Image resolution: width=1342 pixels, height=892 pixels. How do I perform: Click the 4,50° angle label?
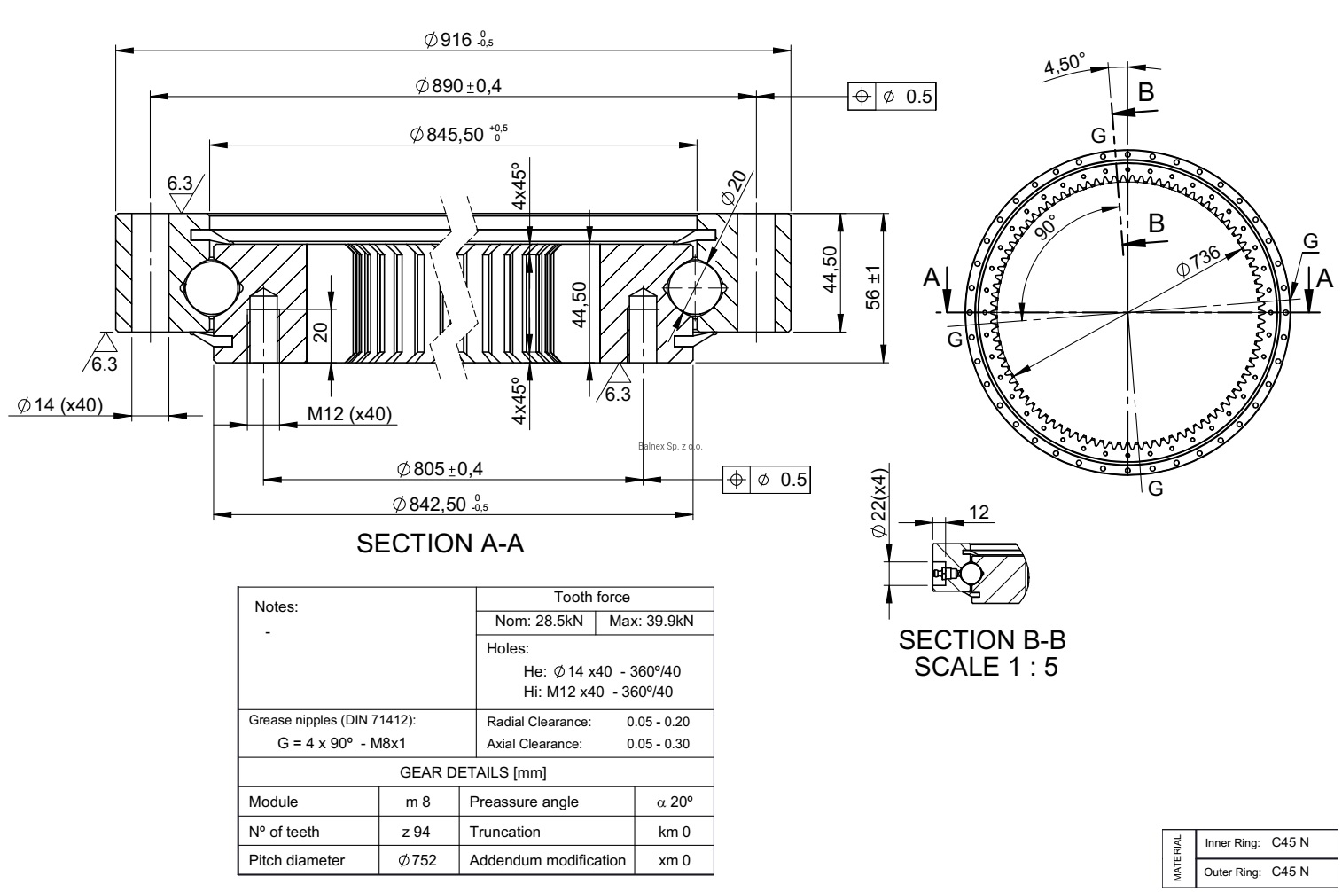click(1064, 65)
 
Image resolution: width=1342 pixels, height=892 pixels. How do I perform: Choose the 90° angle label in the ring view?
click(1046, 227)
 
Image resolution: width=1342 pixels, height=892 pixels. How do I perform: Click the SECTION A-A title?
click(440, 544)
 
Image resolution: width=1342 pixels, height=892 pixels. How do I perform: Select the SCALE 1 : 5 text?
click(986, 666)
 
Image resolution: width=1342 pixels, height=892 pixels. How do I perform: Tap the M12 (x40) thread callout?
click(349, 414)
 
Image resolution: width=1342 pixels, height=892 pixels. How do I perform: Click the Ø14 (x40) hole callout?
click(59, 405)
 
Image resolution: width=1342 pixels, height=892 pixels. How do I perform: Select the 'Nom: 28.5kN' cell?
click(535, 621)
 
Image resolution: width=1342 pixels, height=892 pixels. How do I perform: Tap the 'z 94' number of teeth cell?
click(417, 832)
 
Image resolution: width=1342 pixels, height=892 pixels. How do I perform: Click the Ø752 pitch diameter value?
click(417, 860)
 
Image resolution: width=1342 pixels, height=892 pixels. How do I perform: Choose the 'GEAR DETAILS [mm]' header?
click(473, 772)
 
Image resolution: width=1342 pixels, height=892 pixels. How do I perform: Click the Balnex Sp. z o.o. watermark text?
click(670, 446)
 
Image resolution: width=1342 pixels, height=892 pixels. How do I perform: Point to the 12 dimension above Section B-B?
click(979, 512)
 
